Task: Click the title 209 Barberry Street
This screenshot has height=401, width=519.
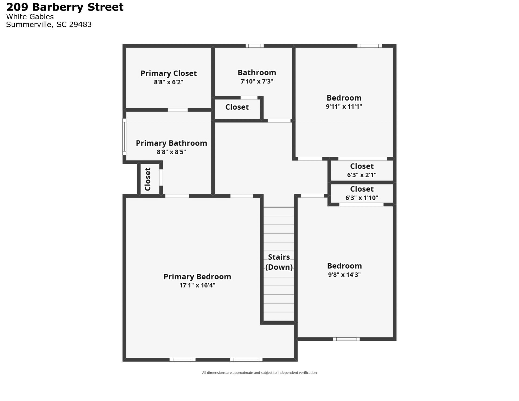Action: pyautogui.click(x=65, y=7)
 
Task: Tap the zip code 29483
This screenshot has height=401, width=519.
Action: pyautogui.click(x=80, y=25)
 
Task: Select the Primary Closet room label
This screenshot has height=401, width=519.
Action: pyautogui.click(x=168, y=73)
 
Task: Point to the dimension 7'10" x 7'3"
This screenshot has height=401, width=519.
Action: pyautogui.click(x=257, y=81)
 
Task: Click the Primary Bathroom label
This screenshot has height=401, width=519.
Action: pyautogui.click(x=171, y=143)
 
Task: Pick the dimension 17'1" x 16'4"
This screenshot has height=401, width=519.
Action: pyautogui.click(x=197, y=285)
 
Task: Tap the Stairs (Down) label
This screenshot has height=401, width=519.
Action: pyautogui.click(x=279, y=262)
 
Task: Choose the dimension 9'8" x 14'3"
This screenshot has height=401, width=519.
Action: pyautogui.click(x=344, y=275)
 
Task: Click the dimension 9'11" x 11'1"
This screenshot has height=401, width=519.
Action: pyautogui.click(x=344, y=106)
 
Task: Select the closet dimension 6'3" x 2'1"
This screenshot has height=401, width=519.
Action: pyautogui.click(x=361, y=175)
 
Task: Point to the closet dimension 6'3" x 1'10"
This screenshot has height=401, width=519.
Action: pyautogui.click(x=361, y=198)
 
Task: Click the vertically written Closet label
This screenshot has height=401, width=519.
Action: pyautogui.click(x=148, y=179)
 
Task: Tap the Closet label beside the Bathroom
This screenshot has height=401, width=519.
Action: pyautogui.click(x=237, y=107)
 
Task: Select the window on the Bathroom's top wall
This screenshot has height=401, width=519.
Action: pyautogui.click(x=254, y=46)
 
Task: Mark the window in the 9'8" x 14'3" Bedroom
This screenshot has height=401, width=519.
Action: pyautogui.click(x=346, y=339)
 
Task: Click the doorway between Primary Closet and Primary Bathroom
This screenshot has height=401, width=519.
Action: pyautogui.click(x=178, y=110)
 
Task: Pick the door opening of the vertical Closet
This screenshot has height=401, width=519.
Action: pyautogui.click(x=161, y=177)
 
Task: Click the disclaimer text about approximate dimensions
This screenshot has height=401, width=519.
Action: pyautogui.click(x=259, y=373)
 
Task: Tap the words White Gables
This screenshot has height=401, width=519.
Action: pyautogui.click(x=30, y=17)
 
